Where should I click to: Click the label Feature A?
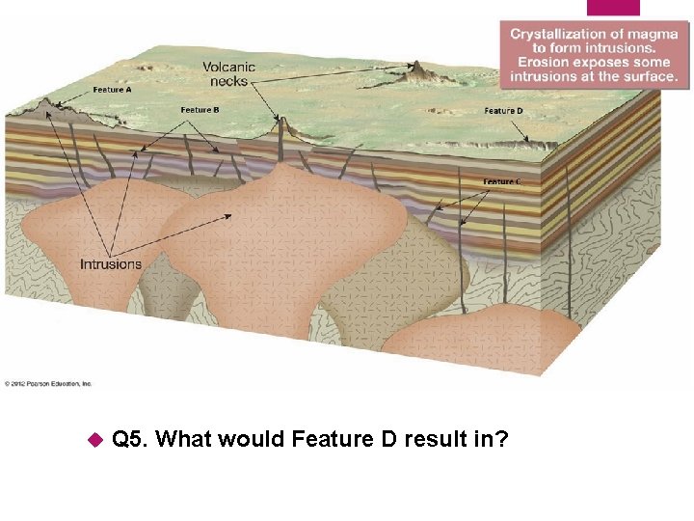point(113,90)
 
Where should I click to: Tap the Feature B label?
point(200,110)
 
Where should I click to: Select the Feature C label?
point(503,181)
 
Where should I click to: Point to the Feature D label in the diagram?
point(504,111)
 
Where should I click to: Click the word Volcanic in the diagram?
point(229,67)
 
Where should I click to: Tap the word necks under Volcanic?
point(229,81)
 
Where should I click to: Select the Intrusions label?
point(111,263)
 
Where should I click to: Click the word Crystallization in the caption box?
point(553,34)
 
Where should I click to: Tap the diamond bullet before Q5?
point(94,440)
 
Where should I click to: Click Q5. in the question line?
point(129,440)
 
